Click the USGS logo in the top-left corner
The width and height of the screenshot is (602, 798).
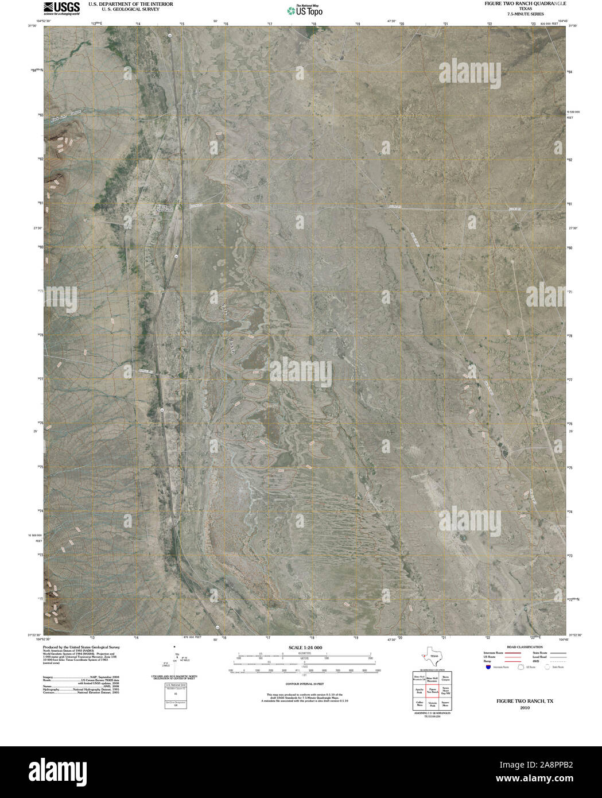pyautogui.click(x=61, y=8)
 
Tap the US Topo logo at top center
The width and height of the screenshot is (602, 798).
pyautogui.click(x=305, y=10)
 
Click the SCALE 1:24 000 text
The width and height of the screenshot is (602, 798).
pyautogui.click(x=305, y=648)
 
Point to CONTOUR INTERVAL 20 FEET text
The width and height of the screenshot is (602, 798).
pyautogui.click(x=305, y=684)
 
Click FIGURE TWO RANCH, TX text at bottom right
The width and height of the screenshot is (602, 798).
pyautogui.click(x=517, y=701)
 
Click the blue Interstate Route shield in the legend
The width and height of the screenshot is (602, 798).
pyautogui.click(x=487, y=668)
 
